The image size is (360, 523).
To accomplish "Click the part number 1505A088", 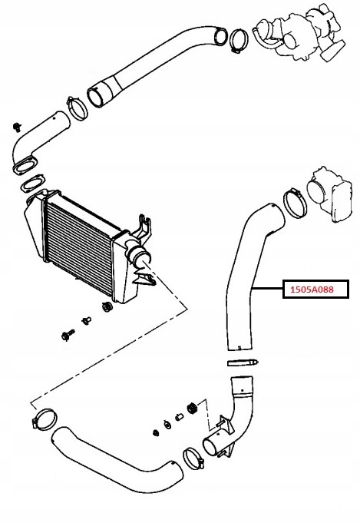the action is (x=312, y=290).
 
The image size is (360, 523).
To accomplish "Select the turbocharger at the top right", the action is (x=300, y=33).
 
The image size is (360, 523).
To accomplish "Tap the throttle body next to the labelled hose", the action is (x=330, y=195).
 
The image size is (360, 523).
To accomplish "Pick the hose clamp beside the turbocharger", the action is (x=238, y=41).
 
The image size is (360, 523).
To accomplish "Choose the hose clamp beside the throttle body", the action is (x=295, y=203).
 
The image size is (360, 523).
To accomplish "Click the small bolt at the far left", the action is (x=17, y=127).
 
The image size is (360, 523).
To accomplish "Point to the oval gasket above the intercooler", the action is (x=32, y=183).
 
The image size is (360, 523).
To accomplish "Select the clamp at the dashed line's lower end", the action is (x=45, y=419).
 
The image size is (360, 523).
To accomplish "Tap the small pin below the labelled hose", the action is (x=243, y=362).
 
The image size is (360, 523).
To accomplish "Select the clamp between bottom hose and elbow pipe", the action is (x=193, y=458).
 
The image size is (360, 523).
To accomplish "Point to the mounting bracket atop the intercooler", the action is (x=144, y=227).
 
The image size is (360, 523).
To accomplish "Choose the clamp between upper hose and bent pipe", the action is (x=77, y=108).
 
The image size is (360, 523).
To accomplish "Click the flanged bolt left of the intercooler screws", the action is (x=68, y=335).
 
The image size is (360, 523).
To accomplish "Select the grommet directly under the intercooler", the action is (x=107, y=307).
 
